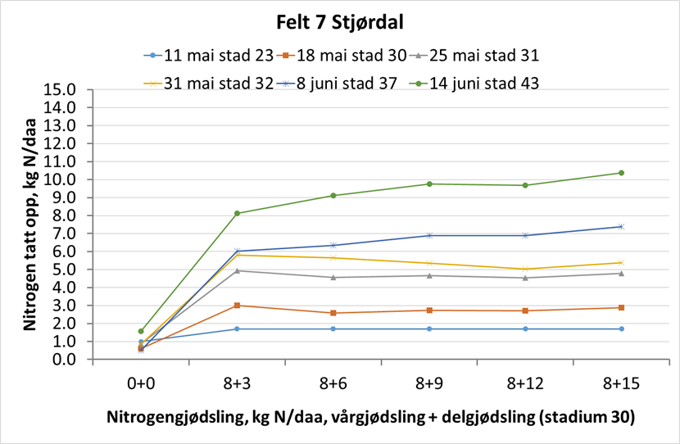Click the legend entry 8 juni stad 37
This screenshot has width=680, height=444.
click(x=344, y=83)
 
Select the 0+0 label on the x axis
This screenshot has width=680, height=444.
click(x=141, y=383)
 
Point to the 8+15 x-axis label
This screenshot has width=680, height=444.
click(x=620, y=383)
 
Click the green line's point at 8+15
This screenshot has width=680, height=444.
click(x=621, y=173)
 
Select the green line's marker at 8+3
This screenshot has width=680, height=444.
click(x=237, y=213)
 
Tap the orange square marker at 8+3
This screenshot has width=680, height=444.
click(x=237, y=306)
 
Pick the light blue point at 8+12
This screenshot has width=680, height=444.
click(x=525, y=328)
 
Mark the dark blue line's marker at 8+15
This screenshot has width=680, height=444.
click(x=621, y=226)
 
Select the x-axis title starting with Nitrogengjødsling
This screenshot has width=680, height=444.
click(x=370, y=416)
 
